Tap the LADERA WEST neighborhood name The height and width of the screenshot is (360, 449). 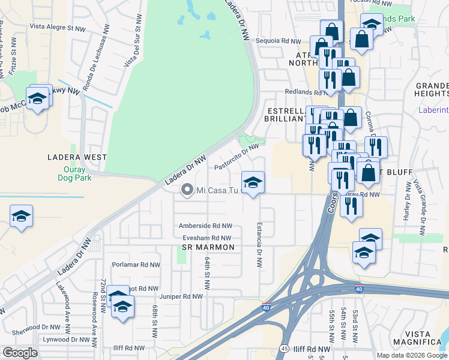click(x=77, y=157)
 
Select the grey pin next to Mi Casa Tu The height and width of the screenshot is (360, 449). click(x=187, y=190)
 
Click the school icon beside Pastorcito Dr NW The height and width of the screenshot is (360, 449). click(x=253, y=182)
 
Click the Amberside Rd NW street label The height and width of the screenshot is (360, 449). click(x=205, y=226)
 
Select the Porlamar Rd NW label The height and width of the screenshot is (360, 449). click(x=136, y=265)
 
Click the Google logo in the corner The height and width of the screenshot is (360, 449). click(x=20, y=353)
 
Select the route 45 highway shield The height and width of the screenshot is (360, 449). click(x=284, y=349)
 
